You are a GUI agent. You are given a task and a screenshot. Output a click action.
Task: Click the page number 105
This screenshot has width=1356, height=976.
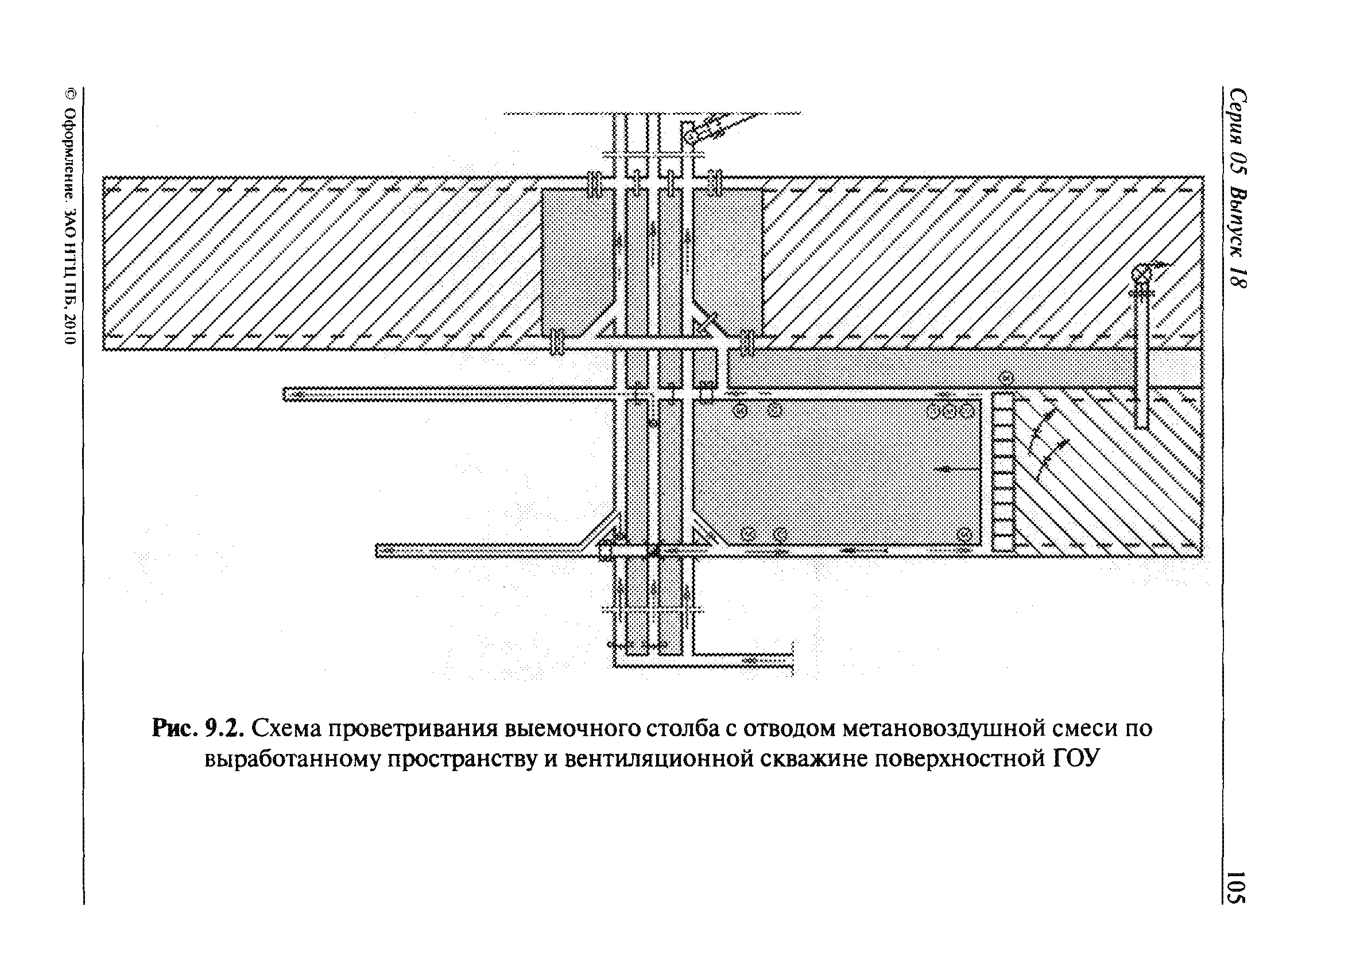[1234, 887]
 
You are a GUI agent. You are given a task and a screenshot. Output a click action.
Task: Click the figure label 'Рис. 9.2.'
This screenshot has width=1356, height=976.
[198, 729]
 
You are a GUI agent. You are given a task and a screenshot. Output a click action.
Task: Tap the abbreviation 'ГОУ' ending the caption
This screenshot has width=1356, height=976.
[1076, 759]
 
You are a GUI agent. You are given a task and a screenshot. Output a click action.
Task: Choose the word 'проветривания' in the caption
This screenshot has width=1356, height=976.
[412, 729]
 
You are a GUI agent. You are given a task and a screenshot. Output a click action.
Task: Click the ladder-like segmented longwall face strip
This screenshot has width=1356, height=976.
[1004, 472]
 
